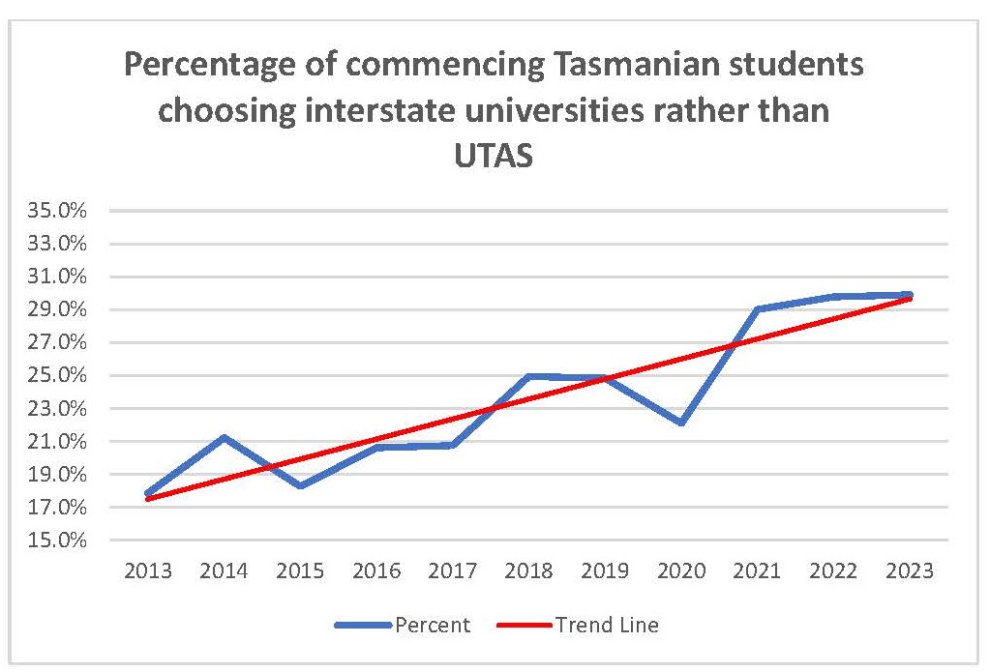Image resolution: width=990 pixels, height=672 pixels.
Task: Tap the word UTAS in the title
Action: pyautogui.click(x=494, y=155)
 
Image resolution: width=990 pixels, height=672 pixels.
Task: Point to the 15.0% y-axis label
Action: pyautogui.click(x=61, y=541)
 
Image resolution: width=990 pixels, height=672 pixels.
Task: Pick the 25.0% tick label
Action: pyautogui.click(x=61, y=375)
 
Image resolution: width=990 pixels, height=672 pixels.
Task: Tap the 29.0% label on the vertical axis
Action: pyautogui.click(x=61, y=309)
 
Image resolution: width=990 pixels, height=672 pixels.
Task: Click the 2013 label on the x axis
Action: pyautogui.click(x=148, y=571)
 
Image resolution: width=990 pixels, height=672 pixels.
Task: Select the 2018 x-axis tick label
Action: pyautogui.click(x=528, y=571)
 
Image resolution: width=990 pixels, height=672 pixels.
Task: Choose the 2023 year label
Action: pyautogui.click(x=909, y=571)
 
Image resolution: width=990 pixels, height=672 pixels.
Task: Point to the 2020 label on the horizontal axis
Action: pyautogui.click(x=680, y=571)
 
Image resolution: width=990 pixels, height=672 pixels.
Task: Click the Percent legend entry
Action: pyautogui.click(x=432, y=626)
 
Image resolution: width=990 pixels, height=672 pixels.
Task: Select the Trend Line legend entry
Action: pyautogui.click(x=606, y=626)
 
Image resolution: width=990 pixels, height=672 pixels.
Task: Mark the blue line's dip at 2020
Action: pyautogui.click(x=680, y=423)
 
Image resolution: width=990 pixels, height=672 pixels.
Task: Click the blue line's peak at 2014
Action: pyautogui.click(x=225, y=437)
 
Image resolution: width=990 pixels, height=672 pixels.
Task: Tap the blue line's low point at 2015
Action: pyautogui.click(x=301, y=485)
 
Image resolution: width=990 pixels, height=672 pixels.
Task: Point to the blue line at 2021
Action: pyautogui.click(x=757, y=309)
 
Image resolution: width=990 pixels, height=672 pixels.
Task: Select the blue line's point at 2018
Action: pyautogui.click(x=528, y=376)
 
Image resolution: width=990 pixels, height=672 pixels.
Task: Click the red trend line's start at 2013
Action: pyautogui.click(x=148, y=499)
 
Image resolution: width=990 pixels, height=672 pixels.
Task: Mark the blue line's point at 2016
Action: pyautogui.click(x=376, y=447)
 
